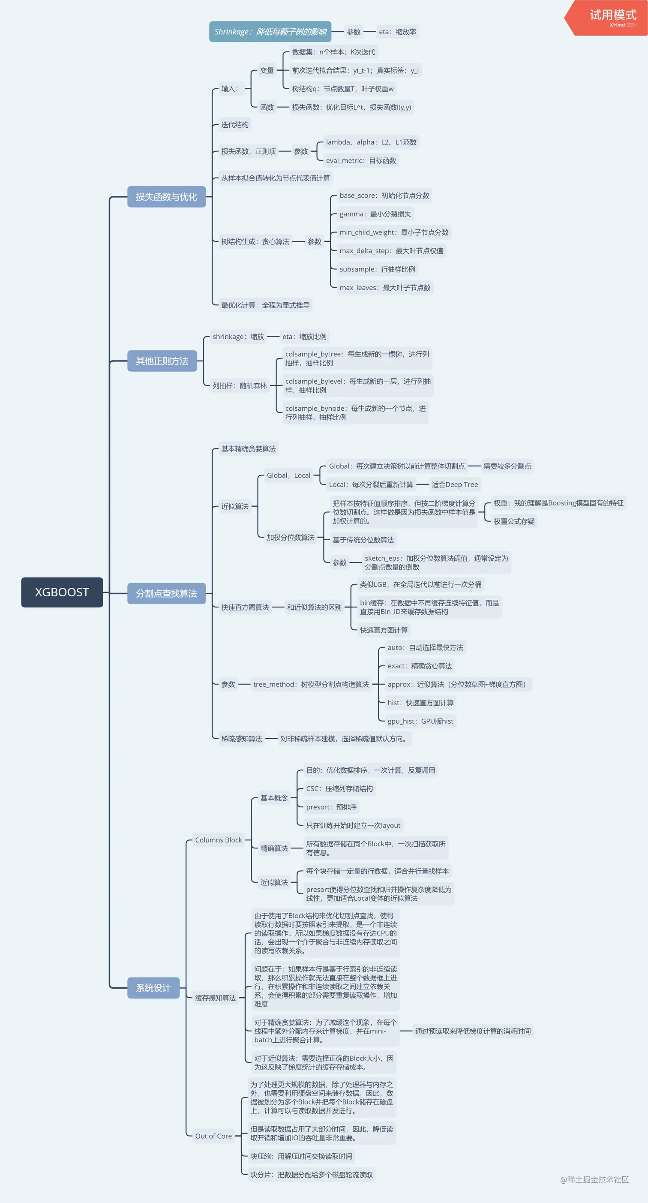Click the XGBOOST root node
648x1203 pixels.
click(62, 592)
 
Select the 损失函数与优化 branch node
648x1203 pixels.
click(166, 197)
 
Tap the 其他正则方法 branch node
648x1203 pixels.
click(162, 361)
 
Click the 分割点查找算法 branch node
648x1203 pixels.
click(166, 593)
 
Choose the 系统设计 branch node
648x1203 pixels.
click(153, 988)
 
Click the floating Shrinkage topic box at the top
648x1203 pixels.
click(270, 32)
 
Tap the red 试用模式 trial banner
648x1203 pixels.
click(609, 17)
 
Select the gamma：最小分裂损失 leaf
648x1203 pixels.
click(375, 214)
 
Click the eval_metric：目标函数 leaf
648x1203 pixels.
click(361, 161)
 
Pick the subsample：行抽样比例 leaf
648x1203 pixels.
click(377, 269)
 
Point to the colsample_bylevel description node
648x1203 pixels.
click(357, 385)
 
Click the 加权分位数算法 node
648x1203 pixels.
click(291, 538)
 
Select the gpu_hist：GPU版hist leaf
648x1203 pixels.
click(420, 721)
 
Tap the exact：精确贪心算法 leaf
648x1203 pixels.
click(419, 666)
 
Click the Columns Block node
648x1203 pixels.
click(218, 840)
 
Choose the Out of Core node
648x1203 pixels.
click(213, 1136)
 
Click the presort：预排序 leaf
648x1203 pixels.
click(331, 807)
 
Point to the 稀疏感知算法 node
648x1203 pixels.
click(241, 738)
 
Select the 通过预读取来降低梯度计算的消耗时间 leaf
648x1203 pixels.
click(472, 1031)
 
